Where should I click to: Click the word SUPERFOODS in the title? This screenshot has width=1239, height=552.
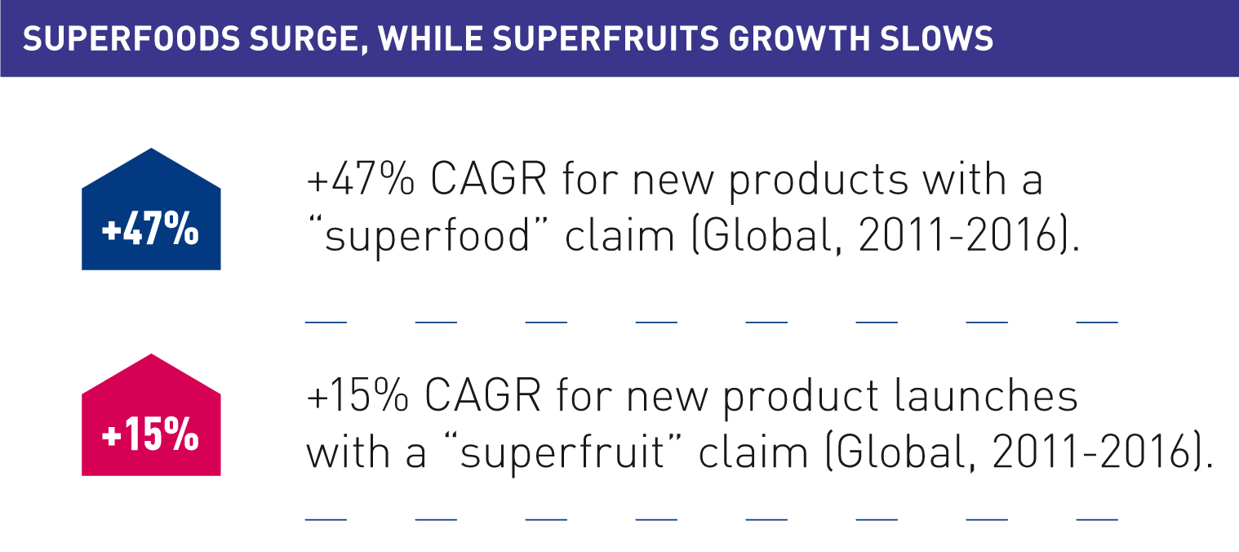[x=131, y=38]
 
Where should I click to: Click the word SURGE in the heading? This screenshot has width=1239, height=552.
[x=308, y=40]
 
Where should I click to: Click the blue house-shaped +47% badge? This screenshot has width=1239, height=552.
[x=151, y=209]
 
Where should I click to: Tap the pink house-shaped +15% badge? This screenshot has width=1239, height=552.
[x=151, y=415]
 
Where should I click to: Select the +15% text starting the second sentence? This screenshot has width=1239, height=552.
[x=357, y=395]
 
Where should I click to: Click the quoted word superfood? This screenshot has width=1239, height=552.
[x=428, y=236]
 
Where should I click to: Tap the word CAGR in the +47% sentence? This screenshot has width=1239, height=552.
[x=488, y=179]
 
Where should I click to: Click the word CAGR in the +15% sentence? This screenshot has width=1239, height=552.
[x=483, y=395]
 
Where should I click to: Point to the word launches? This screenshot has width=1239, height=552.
[x=986, y=394]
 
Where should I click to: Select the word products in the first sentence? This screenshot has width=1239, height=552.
[x=819, y=180]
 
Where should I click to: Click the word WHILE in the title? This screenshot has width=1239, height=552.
[x=430, y=38]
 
